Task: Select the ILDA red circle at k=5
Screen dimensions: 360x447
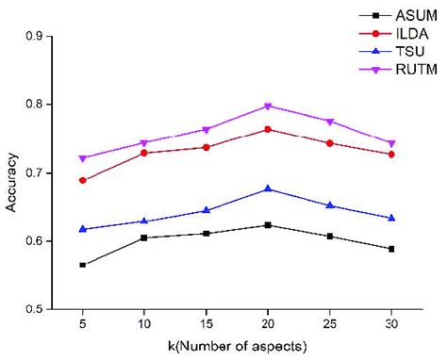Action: tap(83, 180)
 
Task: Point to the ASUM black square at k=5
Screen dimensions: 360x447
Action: tap(83, 265)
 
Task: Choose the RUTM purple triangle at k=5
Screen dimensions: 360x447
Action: tap(83, 158)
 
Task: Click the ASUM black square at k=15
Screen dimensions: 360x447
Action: tap(207, 234)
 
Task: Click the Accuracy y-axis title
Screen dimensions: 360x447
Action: tap(11, 172)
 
